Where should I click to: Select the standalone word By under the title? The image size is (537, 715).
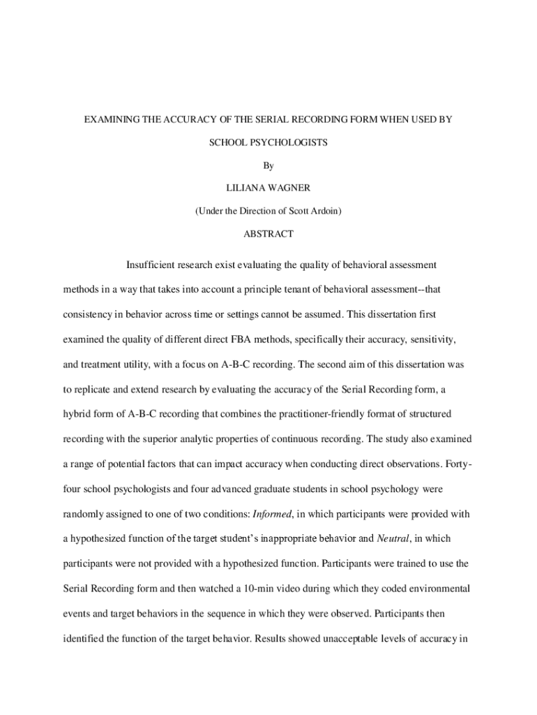(x=268, y=165)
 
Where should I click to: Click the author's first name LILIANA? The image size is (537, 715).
(x=245, y=189)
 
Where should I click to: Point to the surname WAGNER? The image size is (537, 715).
(x=291, y=189)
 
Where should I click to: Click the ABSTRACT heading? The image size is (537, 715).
(x=268, y=234)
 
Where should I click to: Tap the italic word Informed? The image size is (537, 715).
(x=274, y=515)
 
